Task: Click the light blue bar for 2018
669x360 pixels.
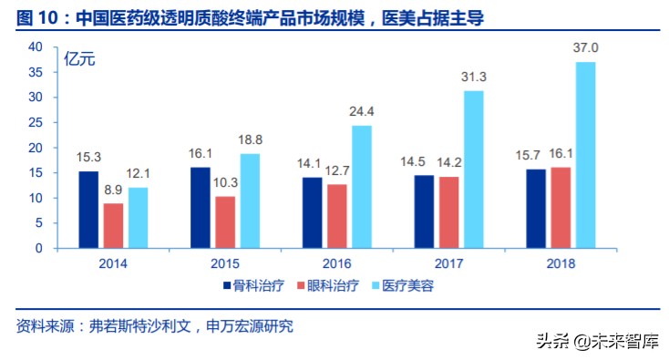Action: (585, 155)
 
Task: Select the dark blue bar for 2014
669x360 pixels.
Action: (88, 210)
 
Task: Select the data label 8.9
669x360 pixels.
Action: (113, 190)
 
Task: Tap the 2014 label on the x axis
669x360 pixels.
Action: (113, 262)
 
